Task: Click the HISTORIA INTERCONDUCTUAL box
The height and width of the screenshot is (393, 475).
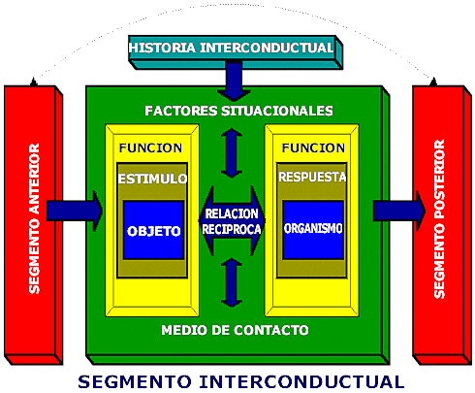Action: [x=231, y=48]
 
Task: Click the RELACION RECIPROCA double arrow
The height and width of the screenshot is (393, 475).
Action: [x=231, y=221]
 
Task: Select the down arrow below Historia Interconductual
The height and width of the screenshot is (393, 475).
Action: [x=231, y=82]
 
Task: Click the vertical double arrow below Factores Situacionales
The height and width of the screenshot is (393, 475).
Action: [x=231, y=152]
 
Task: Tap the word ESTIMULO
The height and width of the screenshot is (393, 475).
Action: [x=153, y=179]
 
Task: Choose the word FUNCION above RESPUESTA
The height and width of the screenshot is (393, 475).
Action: [x=313, y=148]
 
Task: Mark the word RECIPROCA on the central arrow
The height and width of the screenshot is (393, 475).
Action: [x=231, y=230]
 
